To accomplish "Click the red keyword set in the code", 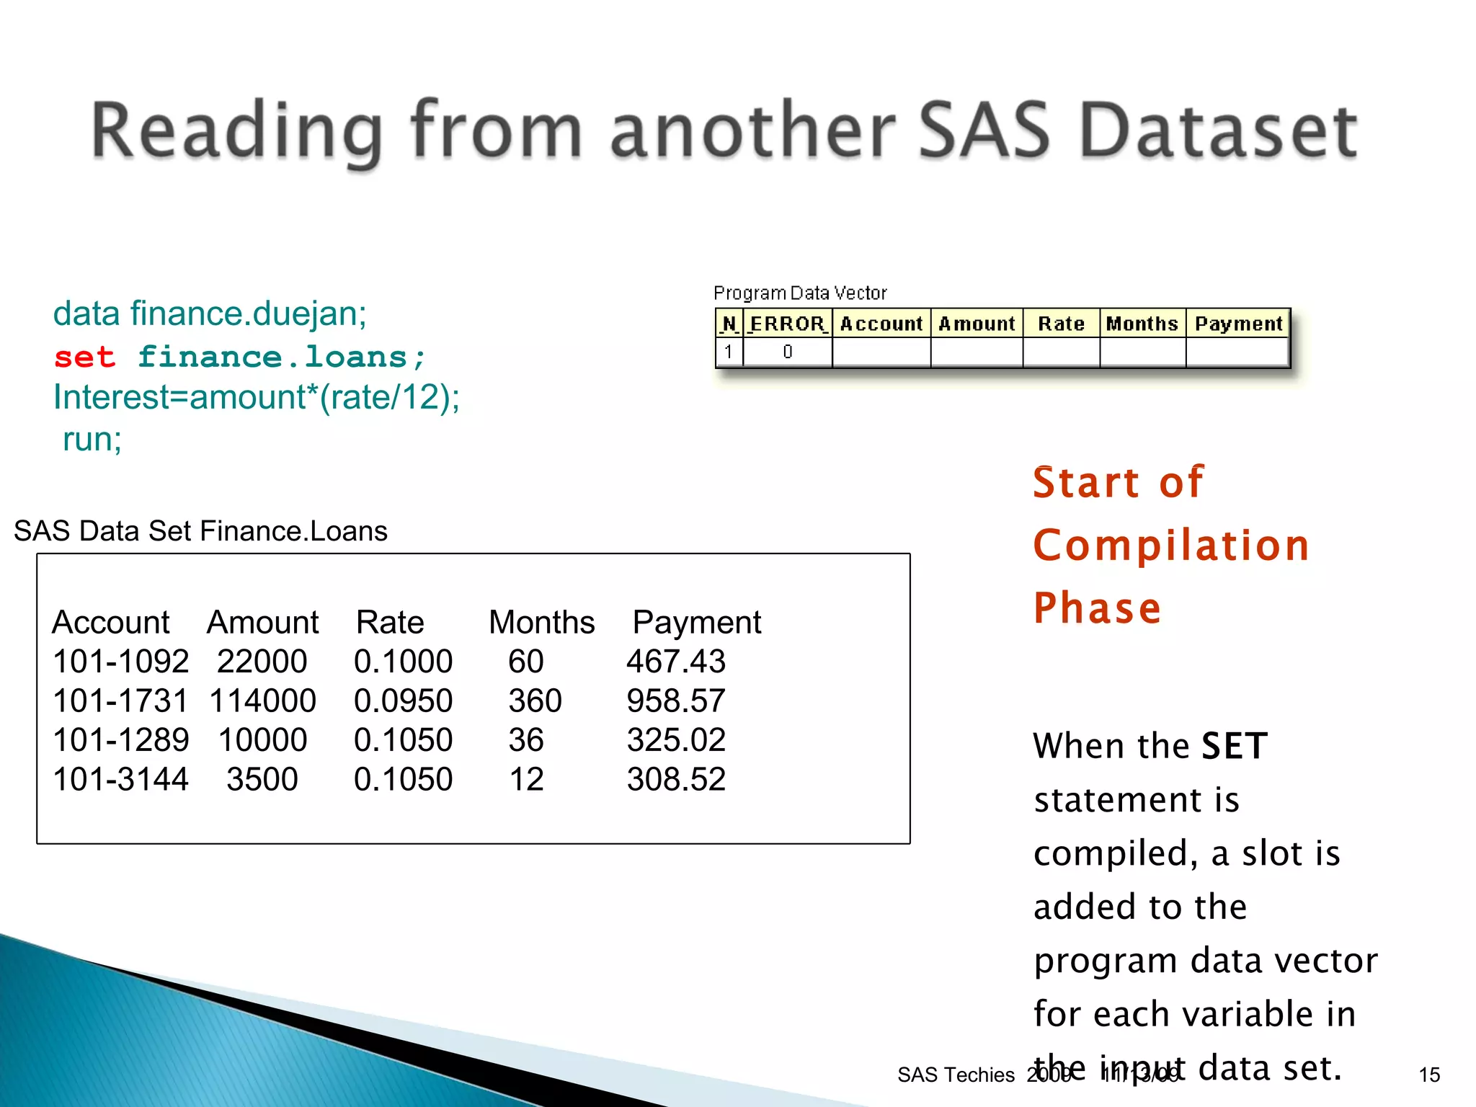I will pos(84,357).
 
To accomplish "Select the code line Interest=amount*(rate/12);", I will pos(256,397).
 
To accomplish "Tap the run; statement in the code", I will pos(92,439).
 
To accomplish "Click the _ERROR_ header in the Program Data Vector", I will pos(787,324).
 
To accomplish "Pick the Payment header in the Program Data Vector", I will pos(1238,324).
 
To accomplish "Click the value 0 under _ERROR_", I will pos(787,352).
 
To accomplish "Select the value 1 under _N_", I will pos(729,352).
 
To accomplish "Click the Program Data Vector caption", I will pos(799,293).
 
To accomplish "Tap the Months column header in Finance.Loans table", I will pos(541,622).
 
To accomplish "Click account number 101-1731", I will pos(120,701).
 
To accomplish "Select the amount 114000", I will pos(262,701).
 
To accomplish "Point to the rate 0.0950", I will pos(403,701).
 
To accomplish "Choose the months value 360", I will pos(535,701).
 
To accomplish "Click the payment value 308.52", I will pos(675,779).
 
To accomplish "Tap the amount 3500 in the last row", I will pos(262,779).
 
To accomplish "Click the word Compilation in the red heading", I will pos(1170,545).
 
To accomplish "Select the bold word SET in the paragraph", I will pos(1234,746).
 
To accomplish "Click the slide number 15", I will pos(1428,1075).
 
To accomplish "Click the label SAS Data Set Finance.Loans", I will pos(200,531).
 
